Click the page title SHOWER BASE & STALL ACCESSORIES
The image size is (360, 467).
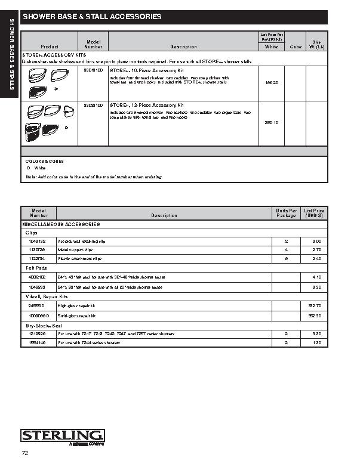[92, 17]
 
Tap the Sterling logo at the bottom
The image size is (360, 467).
[63, 436]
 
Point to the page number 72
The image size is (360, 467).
[24, 453]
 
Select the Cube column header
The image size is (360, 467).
[296, 47]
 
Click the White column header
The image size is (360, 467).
[271, 47]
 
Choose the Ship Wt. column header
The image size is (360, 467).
[316, 44]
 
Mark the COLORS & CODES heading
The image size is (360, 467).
[44, 161]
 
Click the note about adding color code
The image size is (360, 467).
[94, 177]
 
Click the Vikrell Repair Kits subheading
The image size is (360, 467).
[47, 296]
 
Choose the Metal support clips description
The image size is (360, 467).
[75, 249]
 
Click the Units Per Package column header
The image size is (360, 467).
[287, 213]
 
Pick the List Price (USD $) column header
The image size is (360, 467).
[314, 213]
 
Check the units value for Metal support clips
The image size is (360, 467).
[287, 249]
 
